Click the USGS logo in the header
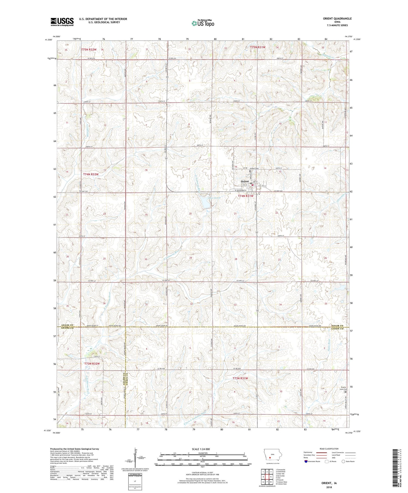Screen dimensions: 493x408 point(62,22)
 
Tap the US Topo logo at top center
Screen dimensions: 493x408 point(203,23)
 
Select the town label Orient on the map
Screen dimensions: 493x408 point(245,181)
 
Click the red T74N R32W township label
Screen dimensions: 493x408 point(91,174)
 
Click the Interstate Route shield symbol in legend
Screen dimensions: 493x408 point(306,461)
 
